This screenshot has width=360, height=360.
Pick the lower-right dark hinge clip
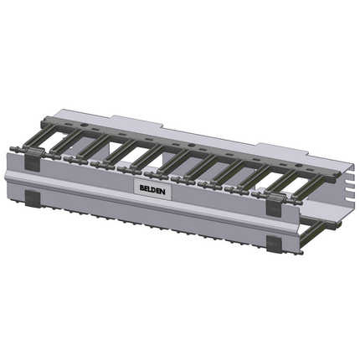pos(274,243)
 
